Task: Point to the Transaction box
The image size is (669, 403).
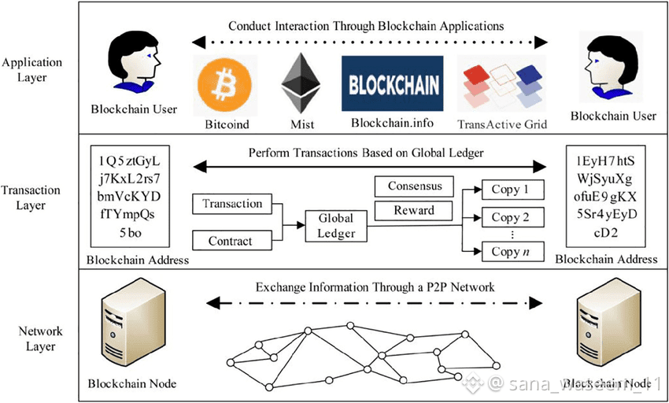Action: click(x=232, y=204)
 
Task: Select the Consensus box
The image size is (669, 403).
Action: click(x=414, y=187)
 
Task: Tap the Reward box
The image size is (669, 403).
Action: click(x=414, y=211)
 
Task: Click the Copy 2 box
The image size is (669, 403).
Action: click(x=505, y=218)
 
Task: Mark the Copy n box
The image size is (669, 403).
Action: click(x=505, y=253)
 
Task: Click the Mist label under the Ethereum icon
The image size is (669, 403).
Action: click(x=297, y=124)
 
